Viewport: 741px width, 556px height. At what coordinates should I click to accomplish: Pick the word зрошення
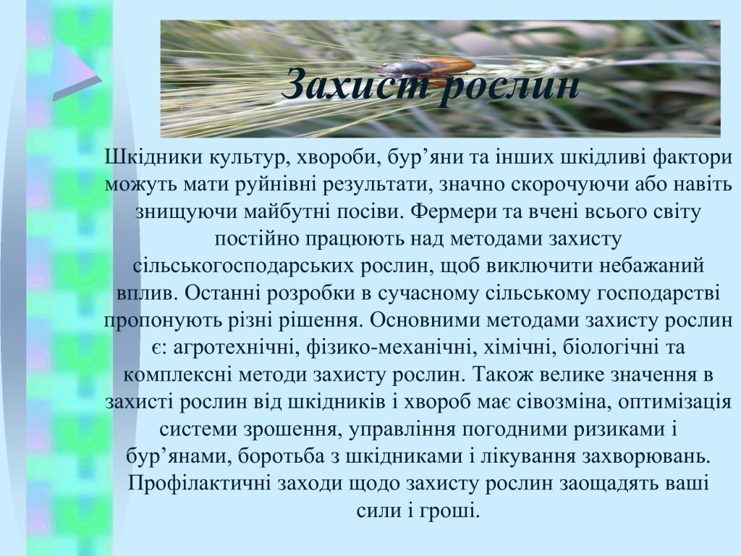(x=289, y=429)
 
